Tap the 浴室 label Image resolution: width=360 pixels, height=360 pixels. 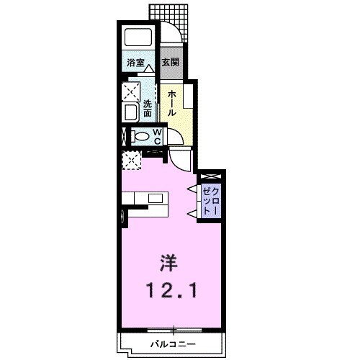(x=136, y=63)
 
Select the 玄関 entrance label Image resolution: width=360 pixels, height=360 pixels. (x=170, y=63)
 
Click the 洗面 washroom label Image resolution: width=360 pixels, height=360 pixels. (x=147, y=107)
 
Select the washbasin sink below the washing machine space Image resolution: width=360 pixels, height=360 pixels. (x=132, y=112)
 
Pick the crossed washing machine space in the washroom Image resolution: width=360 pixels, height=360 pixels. (x=132, y=91)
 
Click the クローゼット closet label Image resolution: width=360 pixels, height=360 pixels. (x=211, y=199)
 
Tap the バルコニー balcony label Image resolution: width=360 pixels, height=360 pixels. (x=173, y=343)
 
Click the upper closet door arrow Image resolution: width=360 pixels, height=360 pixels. (x=192, y=189)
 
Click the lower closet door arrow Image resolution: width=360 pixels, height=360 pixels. (x=192, y=213)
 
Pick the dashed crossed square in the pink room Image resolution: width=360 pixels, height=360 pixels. (x=131, y=159)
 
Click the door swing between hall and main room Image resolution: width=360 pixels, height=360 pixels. (x=183, y=158)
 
